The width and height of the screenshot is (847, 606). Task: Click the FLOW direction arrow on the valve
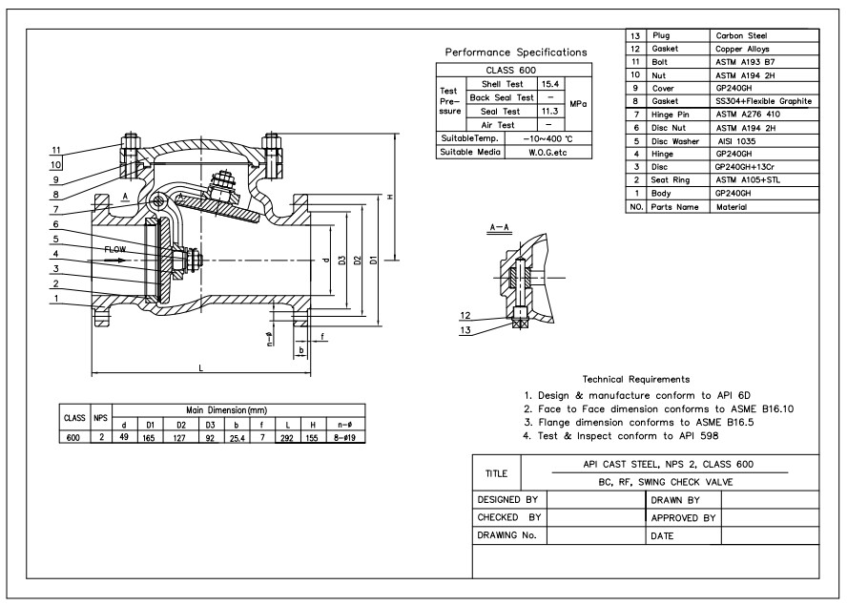[115, 260]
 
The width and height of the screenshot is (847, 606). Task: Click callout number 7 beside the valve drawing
[55, 209]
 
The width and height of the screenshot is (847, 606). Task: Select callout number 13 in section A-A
[465, 330]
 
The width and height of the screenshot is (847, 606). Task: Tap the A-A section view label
[499, 227]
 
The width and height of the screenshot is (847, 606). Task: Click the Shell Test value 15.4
[550, 84]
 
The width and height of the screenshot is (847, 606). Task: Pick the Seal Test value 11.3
[550, 111]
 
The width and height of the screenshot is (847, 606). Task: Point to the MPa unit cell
[578, 104]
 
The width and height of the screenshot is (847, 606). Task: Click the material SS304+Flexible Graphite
[763, 101]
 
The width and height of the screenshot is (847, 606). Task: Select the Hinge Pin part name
[670, 115]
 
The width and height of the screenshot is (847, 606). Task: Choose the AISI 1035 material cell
[736, 141]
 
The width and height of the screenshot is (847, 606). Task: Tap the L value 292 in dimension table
[287, 438]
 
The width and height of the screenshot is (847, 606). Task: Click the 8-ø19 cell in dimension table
[344, 438]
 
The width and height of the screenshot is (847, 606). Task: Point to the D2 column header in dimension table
[181, 425]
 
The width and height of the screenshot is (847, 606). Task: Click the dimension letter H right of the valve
[390, 197]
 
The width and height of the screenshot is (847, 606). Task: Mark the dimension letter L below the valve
[201, 368]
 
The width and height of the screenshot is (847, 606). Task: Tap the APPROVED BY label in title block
[683, 518]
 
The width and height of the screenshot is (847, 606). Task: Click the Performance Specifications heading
[516, 52]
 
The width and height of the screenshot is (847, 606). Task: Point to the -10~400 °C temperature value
[547, 139]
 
